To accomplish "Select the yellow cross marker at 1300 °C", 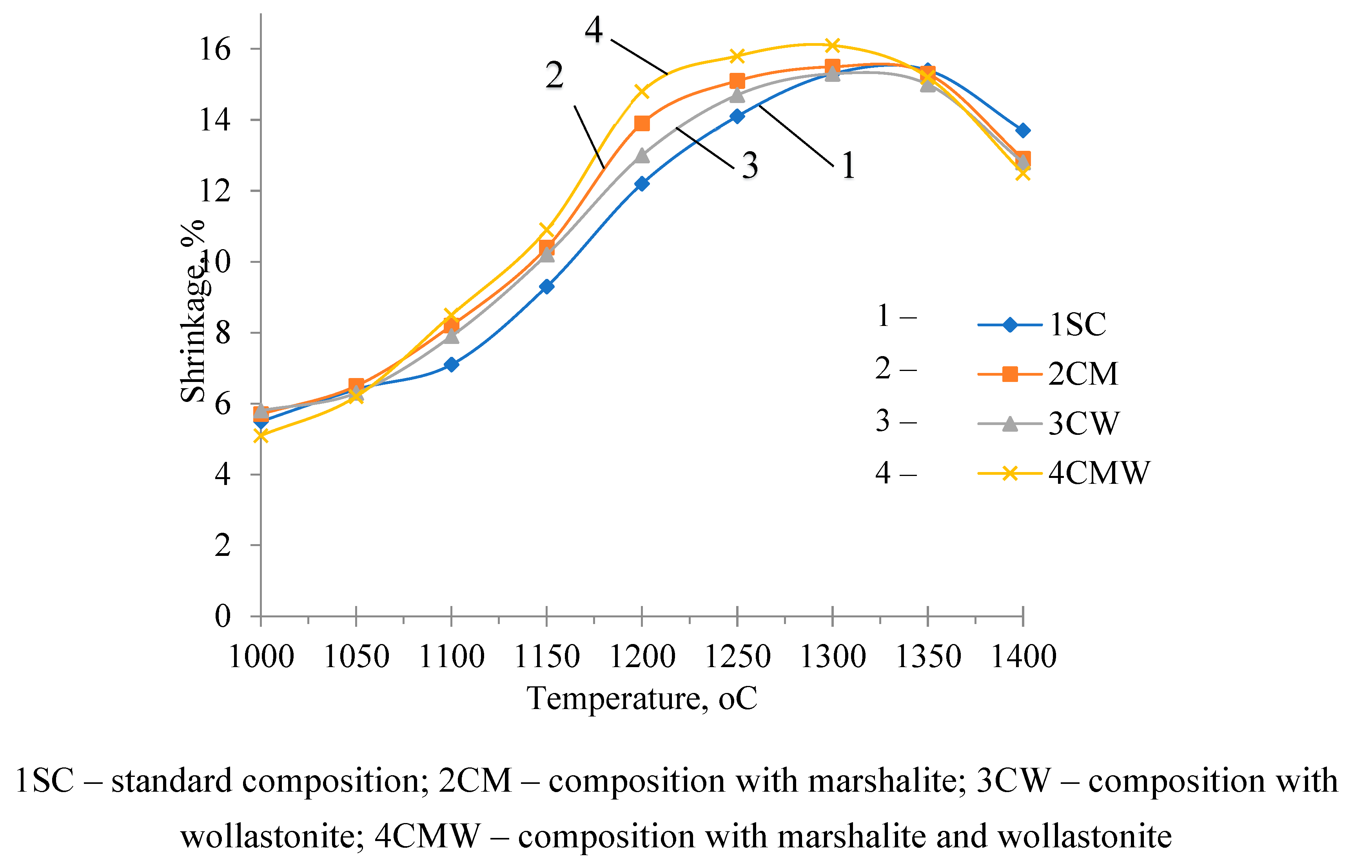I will pyautogui.click(x=832, y=45).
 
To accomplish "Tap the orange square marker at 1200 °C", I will pyautogui.click(x=642, y=123).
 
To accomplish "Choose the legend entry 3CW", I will pyautogui.click(x=1083, y=423).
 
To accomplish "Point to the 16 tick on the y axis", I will pyautogui.click(x=215, y=49).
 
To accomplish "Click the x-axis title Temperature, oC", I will pyautogui.click(x=642, y=698).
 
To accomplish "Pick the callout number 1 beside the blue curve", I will pyautogui.click(x=848, y=166).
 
